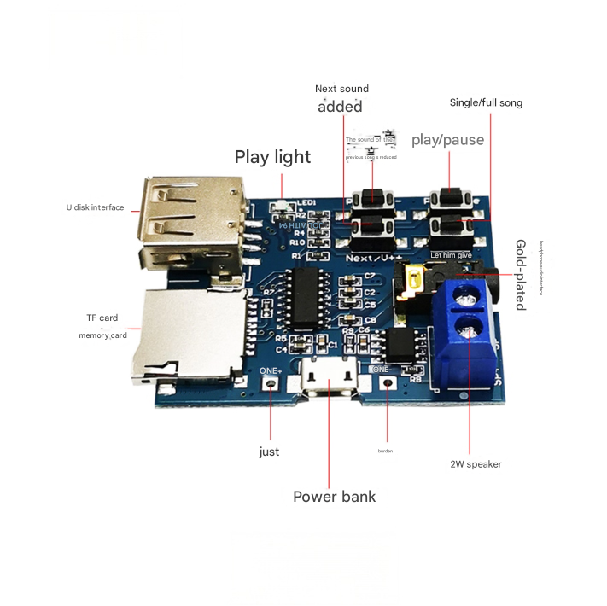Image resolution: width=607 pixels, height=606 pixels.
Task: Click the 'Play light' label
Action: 273,157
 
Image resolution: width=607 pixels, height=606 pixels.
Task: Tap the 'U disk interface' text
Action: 96,207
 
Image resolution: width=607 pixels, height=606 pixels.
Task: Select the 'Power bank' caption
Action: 334,497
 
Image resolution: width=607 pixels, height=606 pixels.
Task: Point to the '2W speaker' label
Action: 476,464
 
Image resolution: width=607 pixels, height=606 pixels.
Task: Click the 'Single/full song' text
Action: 486,103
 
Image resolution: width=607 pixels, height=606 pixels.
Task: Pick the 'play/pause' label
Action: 447,140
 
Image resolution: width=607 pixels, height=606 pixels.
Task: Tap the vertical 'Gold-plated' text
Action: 520,275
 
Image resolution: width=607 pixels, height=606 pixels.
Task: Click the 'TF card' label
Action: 102,318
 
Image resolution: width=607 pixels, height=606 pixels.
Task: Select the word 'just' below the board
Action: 269,452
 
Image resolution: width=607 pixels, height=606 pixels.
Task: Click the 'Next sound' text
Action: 341,89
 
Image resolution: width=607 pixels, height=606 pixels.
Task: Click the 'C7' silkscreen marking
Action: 370,276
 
